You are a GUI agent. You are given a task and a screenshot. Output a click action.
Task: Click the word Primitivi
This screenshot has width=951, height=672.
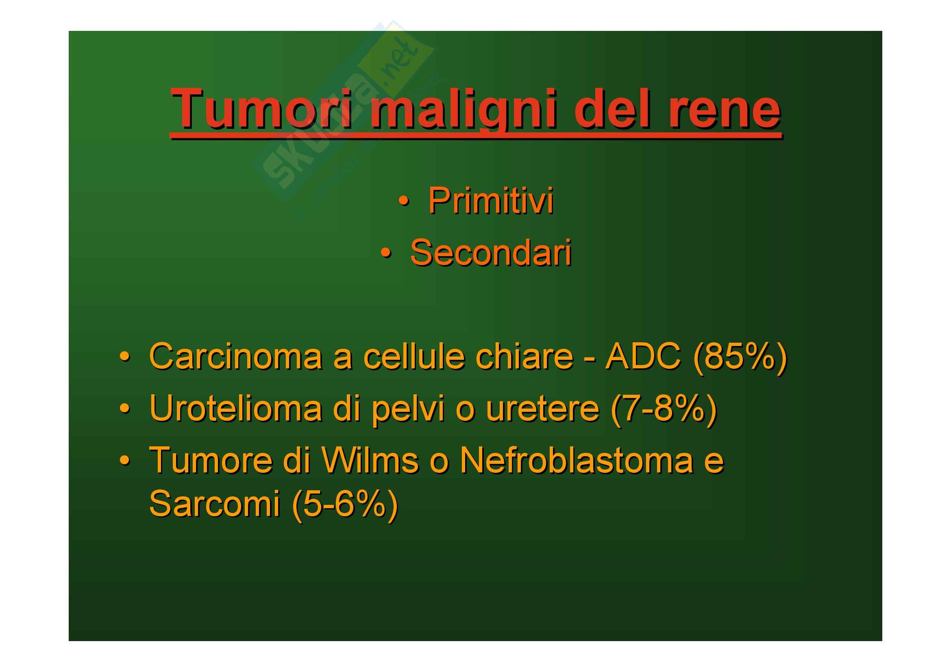pos(491,201)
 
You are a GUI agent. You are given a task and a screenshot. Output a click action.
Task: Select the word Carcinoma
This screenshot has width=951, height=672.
pos(236,356)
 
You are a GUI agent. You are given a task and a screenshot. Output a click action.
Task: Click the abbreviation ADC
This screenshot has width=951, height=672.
pos(643,356)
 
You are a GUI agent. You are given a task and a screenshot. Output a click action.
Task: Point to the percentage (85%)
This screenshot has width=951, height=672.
pos(740,357)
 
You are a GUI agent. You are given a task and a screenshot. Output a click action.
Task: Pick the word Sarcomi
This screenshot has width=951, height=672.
pos(215,504)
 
